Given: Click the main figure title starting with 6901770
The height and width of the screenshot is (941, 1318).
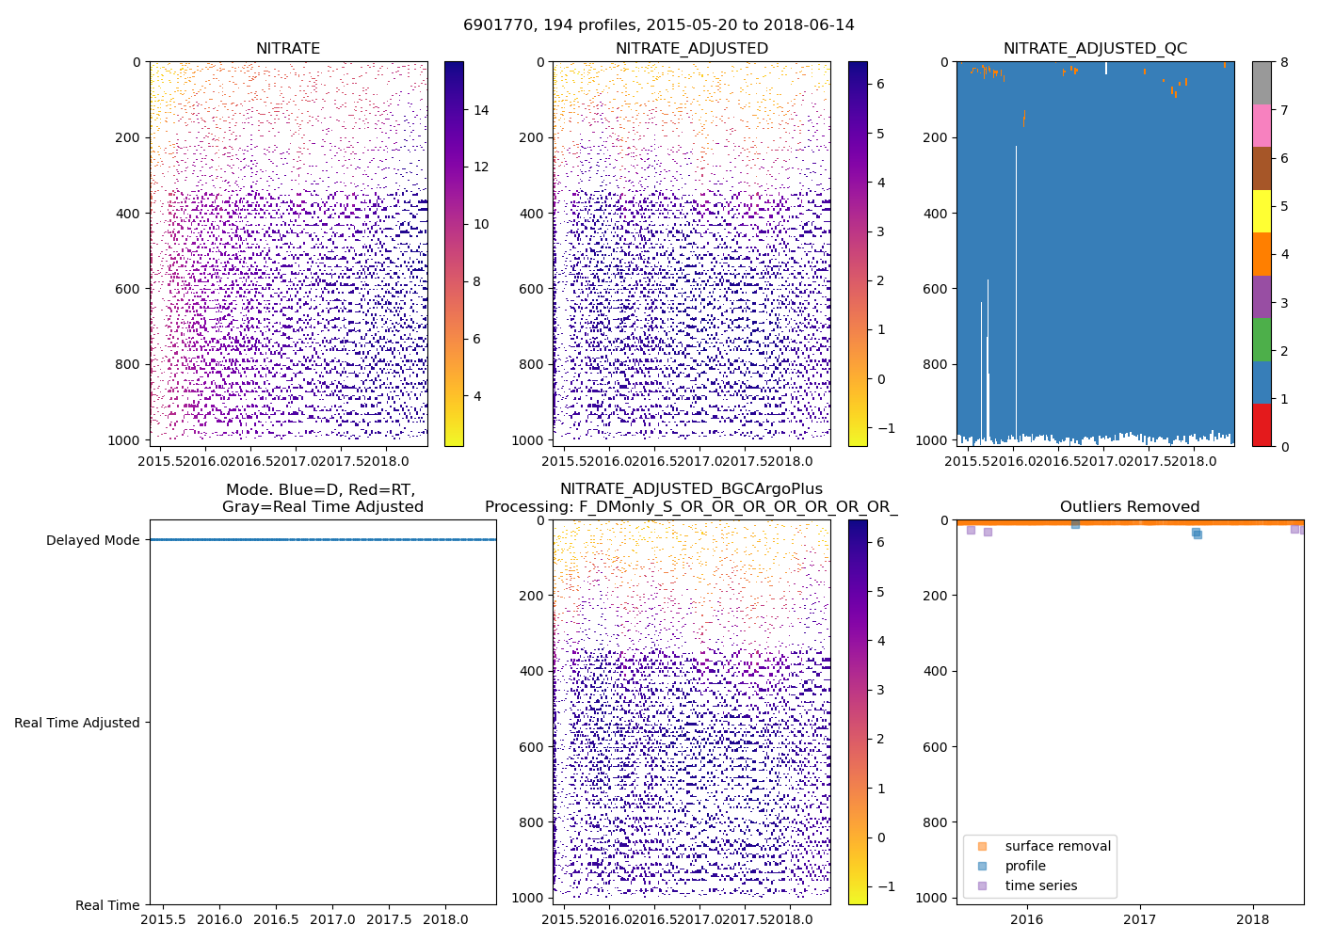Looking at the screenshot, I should click(x=659, y=25).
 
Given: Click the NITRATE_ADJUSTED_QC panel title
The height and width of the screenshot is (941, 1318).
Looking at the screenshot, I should click(x=1095, y=49).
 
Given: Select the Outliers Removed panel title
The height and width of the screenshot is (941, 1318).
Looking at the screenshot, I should click(x=1130, y=507).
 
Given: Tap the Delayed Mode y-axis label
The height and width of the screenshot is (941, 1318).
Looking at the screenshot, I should click(x=92, y=540).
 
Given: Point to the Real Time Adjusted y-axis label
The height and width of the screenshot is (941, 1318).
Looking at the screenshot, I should click(x=76, y=723).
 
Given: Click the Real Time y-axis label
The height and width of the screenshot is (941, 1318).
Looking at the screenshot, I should click(x=107, y=905).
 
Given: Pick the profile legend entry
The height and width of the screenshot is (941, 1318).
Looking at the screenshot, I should click(x=1025, y=866).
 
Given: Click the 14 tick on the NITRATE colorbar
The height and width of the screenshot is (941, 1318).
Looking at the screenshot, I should click(x=481, y=110).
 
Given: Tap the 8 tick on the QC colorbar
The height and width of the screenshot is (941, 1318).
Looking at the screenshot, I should click(x=1284, y=62).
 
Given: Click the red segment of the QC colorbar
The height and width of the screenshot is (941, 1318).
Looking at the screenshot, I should click(x=1262, y=424).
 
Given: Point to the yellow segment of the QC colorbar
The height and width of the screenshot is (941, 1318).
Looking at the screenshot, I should click(x=1262, y=211).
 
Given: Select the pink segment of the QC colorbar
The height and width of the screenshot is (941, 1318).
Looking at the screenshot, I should click(x=1262, y=125).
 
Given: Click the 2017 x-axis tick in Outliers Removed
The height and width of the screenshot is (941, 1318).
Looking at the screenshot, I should click(x=1139, y=919).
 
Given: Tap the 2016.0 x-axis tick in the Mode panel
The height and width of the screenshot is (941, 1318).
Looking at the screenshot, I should click(x=219, y=919).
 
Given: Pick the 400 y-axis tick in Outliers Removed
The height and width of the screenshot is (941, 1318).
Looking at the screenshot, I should click(x=937, y=671).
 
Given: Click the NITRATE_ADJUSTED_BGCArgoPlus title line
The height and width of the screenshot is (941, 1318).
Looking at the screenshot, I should click(x=691, y=489).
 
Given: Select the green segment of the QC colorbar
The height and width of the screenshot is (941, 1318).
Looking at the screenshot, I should click(x=1262, y=339).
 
